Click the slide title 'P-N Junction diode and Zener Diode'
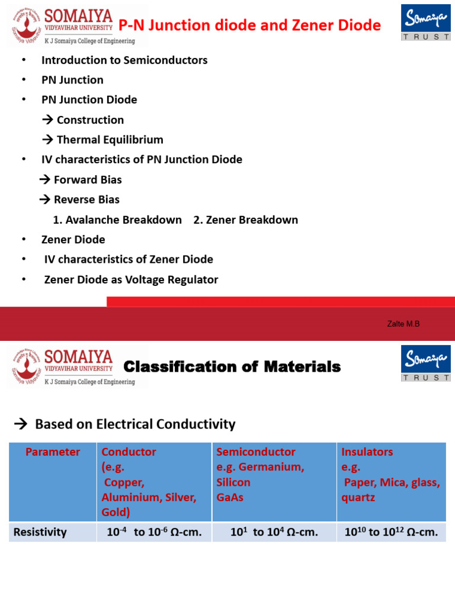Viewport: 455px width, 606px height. pyautogui.click(x=249, y=25)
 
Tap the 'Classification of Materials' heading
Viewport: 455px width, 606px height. pyautogui.click(x=232, y=367)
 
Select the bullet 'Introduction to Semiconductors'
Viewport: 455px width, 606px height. pyautogui.click(x=124, y=60)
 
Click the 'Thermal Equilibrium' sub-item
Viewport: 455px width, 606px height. pyautogui.click(x=103, y=140)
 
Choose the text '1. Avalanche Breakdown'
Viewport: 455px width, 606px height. pyautogui.click(x=117, y=220)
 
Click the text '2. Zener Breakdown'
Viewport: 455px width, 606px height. pyautogui.click(x=245, y=220)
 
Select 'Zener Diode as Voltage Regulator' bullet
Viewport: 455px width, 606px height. pyautogui.click(x=131, y=280)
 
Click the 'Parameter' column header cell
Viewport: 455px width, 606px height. pyautogui.click(x=53, y=452)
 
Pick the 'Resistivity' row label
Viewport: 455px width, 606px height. pyautogui.click(x=40, y=532)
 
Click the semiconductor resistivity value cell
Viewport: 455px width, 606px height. pyautogui.click(x=274, y=532)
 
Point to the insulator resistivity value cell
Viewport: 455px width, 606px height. pyautogui.click(x=391, y=532)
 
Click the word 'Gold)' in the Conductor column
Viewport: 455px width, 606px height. pyautogui.click(x=116, y=512)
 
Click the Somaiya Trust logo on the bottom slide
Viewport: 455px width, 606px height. pyautogui.click(x=426, y=363)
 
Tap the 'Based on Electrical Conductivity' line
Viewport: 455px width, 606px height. pyautogui.click(x=134, y=424)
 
